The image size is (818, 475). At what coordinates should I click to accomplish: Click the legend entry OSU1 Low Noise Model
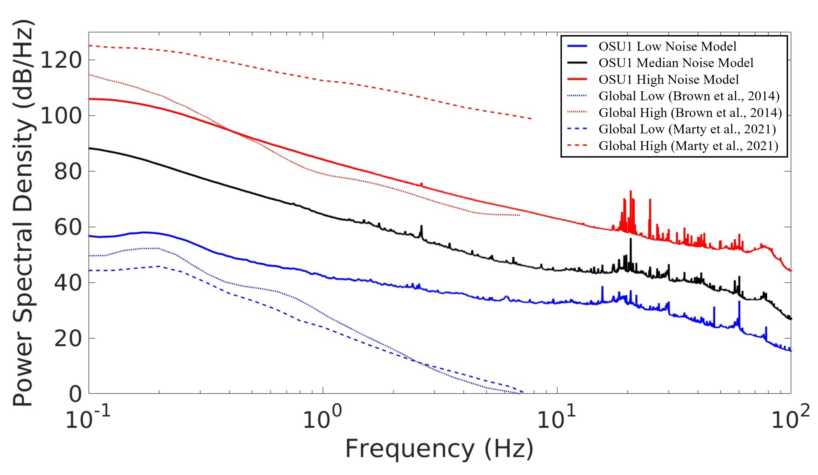coord(667,46)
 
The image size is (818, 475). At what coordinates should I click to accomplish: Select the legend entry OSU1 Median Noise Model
coord(676,63)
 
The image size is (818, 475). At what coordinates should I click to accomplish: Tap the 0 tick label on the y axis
coord(75,394)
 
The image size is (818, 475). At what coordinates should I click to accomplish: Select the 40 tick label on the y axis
coord(67,283)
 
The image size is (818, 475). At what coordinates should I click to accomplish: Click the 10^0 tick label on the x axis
coord(322,419)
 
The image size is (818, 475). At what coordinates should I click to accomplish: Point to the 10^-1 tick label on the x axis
coord(88,419)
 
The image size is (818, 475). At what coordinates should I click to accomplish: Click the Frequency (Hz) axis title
coord(439,449)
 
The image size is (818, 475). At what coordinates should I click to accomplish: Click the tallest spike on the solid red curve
coord(631,191)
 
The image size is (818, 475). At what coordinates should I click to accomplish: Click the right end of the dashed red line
coord(531,119)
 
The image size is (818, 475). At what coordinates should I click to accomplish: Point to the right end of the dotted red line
coord(519,215)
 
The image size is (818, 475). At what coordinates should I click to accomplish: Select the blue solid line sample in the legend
coord(577,46)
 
